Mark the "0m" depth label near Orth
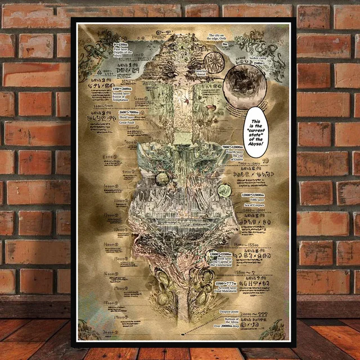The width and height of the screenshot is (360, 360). click(x=224, y=44)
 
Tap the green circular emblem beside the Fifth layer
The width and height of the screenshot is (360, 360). click(x=225, y=191)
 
